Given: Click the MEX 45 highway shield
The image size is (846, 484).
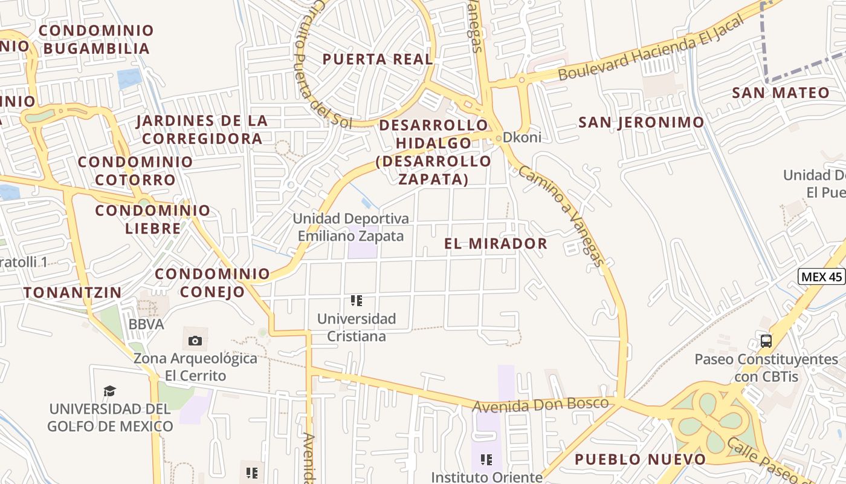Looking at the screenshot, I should pyautogui.click(x=821, y=277).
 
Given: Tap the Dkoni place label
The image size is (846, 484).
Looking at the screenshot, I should pyautogui.click(x=521, y=137).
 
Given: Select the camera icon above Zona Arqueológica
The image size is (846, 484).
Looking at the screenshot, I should pyautogui.click(x=195, y=341).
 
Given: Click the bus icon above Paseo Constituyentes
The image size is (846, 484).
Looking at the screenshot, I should pyautogui.click(x=766, y=341).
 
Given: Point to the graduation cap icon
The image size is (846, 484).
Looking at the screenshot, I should pyautogui.click(x=109, y=391).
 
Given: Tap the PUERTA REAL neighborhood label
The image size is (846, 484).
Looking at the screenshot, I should pyautogui.click(x=378, y=59).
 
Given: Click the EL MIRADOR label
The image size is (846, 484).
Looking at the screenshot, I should pyautogui.click(x=496, y=244).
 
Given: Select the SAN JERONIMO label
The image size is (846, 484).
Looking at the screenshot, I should pyautogui.click(x=641, y=123).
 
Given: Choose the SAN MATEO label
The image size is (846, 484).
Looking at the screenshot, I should pyautogui.click(x=781, y=93).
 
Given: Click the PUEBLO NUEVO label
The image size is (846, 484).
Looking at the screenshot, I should pyautogui.click(x=640, y=459).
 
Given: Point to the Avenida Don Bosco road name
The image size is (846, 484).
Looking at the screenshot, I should pyautogui.click(x=540, y=405).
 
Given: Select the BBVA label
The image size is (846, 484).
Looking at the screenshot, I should pyautogui.click(x=146, y=324).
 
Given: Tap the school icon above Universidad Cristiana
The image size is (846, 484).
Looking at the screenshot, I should pyautogui.click(x=356, y=300).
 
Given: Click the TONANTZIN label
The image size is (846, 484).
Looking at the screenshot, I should pyautogui.click(x=73, y=292).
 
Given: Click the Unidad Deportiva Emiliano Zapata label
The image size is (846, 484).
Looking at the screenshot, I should pyautogui.click(x=350, y=227).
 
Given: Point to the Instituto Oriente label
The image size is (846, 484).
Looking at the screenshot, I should pyautogui.click(x=486, y=477).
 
